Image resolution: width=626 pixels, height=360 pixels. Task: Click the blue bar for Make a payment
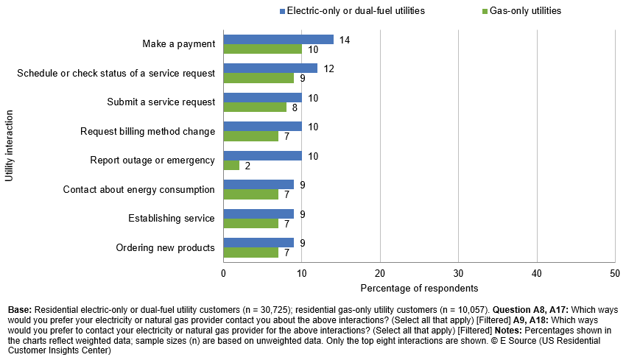tap(278, 39)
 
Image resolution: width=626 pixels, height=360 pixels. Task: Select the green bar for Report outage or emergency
tap(231, 165)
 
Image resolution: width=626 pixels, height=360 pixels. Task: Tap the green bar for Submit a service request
tap(255, 107)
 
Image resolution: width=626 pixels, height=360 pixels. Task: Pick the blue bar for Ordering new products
tap(259, 242)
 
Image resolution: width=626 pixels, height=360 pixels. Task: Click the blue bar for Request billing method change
tap(262, 126)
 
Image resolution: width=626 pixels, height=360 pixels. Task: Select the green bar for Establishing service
tap(250, 223)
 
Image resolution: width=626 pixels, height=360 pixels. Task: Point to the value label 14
tap(344, 40)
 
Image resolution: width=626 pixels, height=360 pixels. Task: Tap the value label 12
tap(328, 68)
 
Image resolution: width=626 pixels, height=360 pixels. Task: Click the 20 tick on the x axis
tap(380, 272)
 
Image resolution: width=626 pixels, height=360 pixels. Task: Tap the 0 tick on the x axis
tap(223, 272)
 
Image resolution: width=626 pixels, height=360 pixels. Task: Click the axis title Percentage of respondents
tap(419, 288)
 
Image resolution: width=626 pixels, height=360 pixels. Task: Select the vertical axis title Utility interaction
tap(10, 146)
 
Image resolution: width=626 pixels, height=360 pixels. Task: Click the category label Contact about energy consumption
tap(138, 189)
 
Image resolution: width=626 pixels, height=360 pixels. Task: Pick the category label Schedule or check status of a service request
tap(116, 73)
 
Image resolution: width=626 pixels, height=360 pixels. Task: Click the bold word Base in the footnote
tap(19, 311)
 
